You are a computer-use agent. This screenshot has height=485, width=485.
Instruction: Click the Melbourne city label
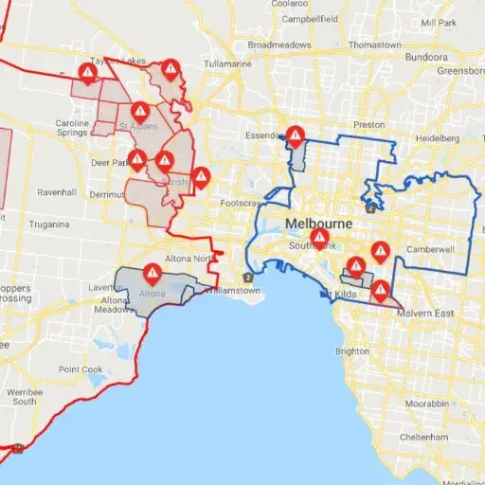[x=318, y=224]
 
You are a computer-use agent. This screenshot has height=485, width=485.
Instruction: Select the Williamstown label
[x=233, y=291]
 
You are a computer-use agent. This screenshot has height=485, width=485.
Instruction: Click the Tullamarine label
[x=228, y=63]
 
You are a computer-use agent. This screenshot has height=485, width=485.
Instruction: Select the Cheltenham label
[x=423, y=437]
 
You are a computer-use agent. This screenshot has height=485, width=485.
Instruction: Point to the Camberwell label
[x=432, y=248]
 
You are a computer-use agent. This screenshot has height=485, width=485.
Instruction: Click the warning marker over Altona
[x=153, y=274]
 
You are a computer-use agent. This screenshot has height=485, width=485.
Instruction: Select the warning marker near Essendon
[x=296, y=136]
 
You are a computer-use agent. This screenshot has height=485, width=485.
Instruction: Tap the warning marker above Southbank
[x=320, y=237]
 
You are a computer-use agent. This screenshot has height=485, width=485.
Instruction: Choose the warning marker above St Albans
[x=139, y=112]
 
